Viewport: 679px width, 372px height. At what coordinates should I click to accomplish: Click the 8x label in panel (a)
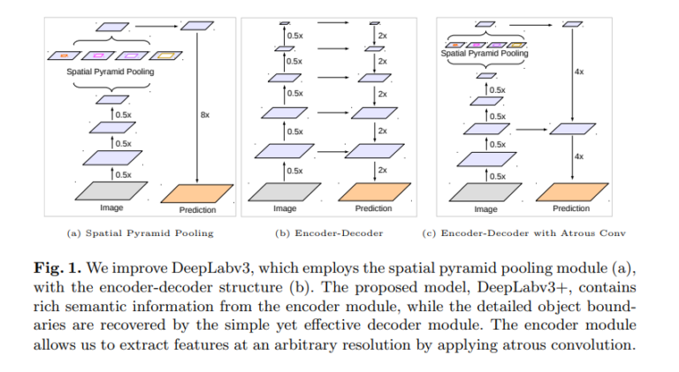pyautogui.click(x=205, y=115)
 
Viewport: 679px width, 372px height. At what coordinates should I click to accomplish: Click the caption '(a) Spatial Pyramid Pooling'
pyautogui.click(x=140, y=233)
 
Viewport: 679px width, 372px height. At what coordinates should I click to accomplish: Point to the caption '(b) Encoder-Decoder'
pyautogui.click(x=329, y=233)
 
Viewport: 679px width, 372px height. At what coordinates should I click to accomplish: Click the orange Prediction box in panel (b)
pyautogui.click(x=373, y=192)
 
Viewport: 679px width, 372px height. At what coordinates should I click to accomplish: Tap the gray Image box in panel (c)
pyautogui.click(x=484, y=191)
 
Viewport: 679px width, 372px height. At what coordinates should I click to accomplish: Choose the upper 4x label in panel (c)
pyautogui.click(x=579, y=72)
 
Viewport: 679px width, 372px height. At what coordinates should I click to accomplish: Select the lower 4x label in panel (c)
pyautogui.click(x=579, y=156)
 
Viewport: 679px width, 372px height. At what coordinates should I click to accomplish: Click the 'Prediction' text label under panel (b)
pyautogui.click(x=373, y=209)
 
